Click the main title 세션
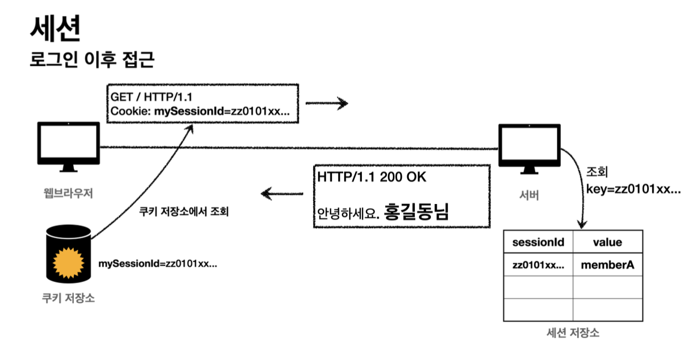(55, 29)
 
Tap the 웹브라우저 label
(68, 193)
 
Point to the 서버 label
(529, 195)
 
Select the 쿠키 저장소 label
(68, 299)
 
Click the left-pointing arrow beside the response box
(282, 193)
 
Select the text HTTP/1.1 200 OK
(371, 177)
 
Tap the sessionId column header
(538, 242)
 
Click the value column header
(607, 242)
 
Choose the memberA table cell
(607, 264)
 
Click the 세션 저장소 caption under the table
(573, 333)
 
